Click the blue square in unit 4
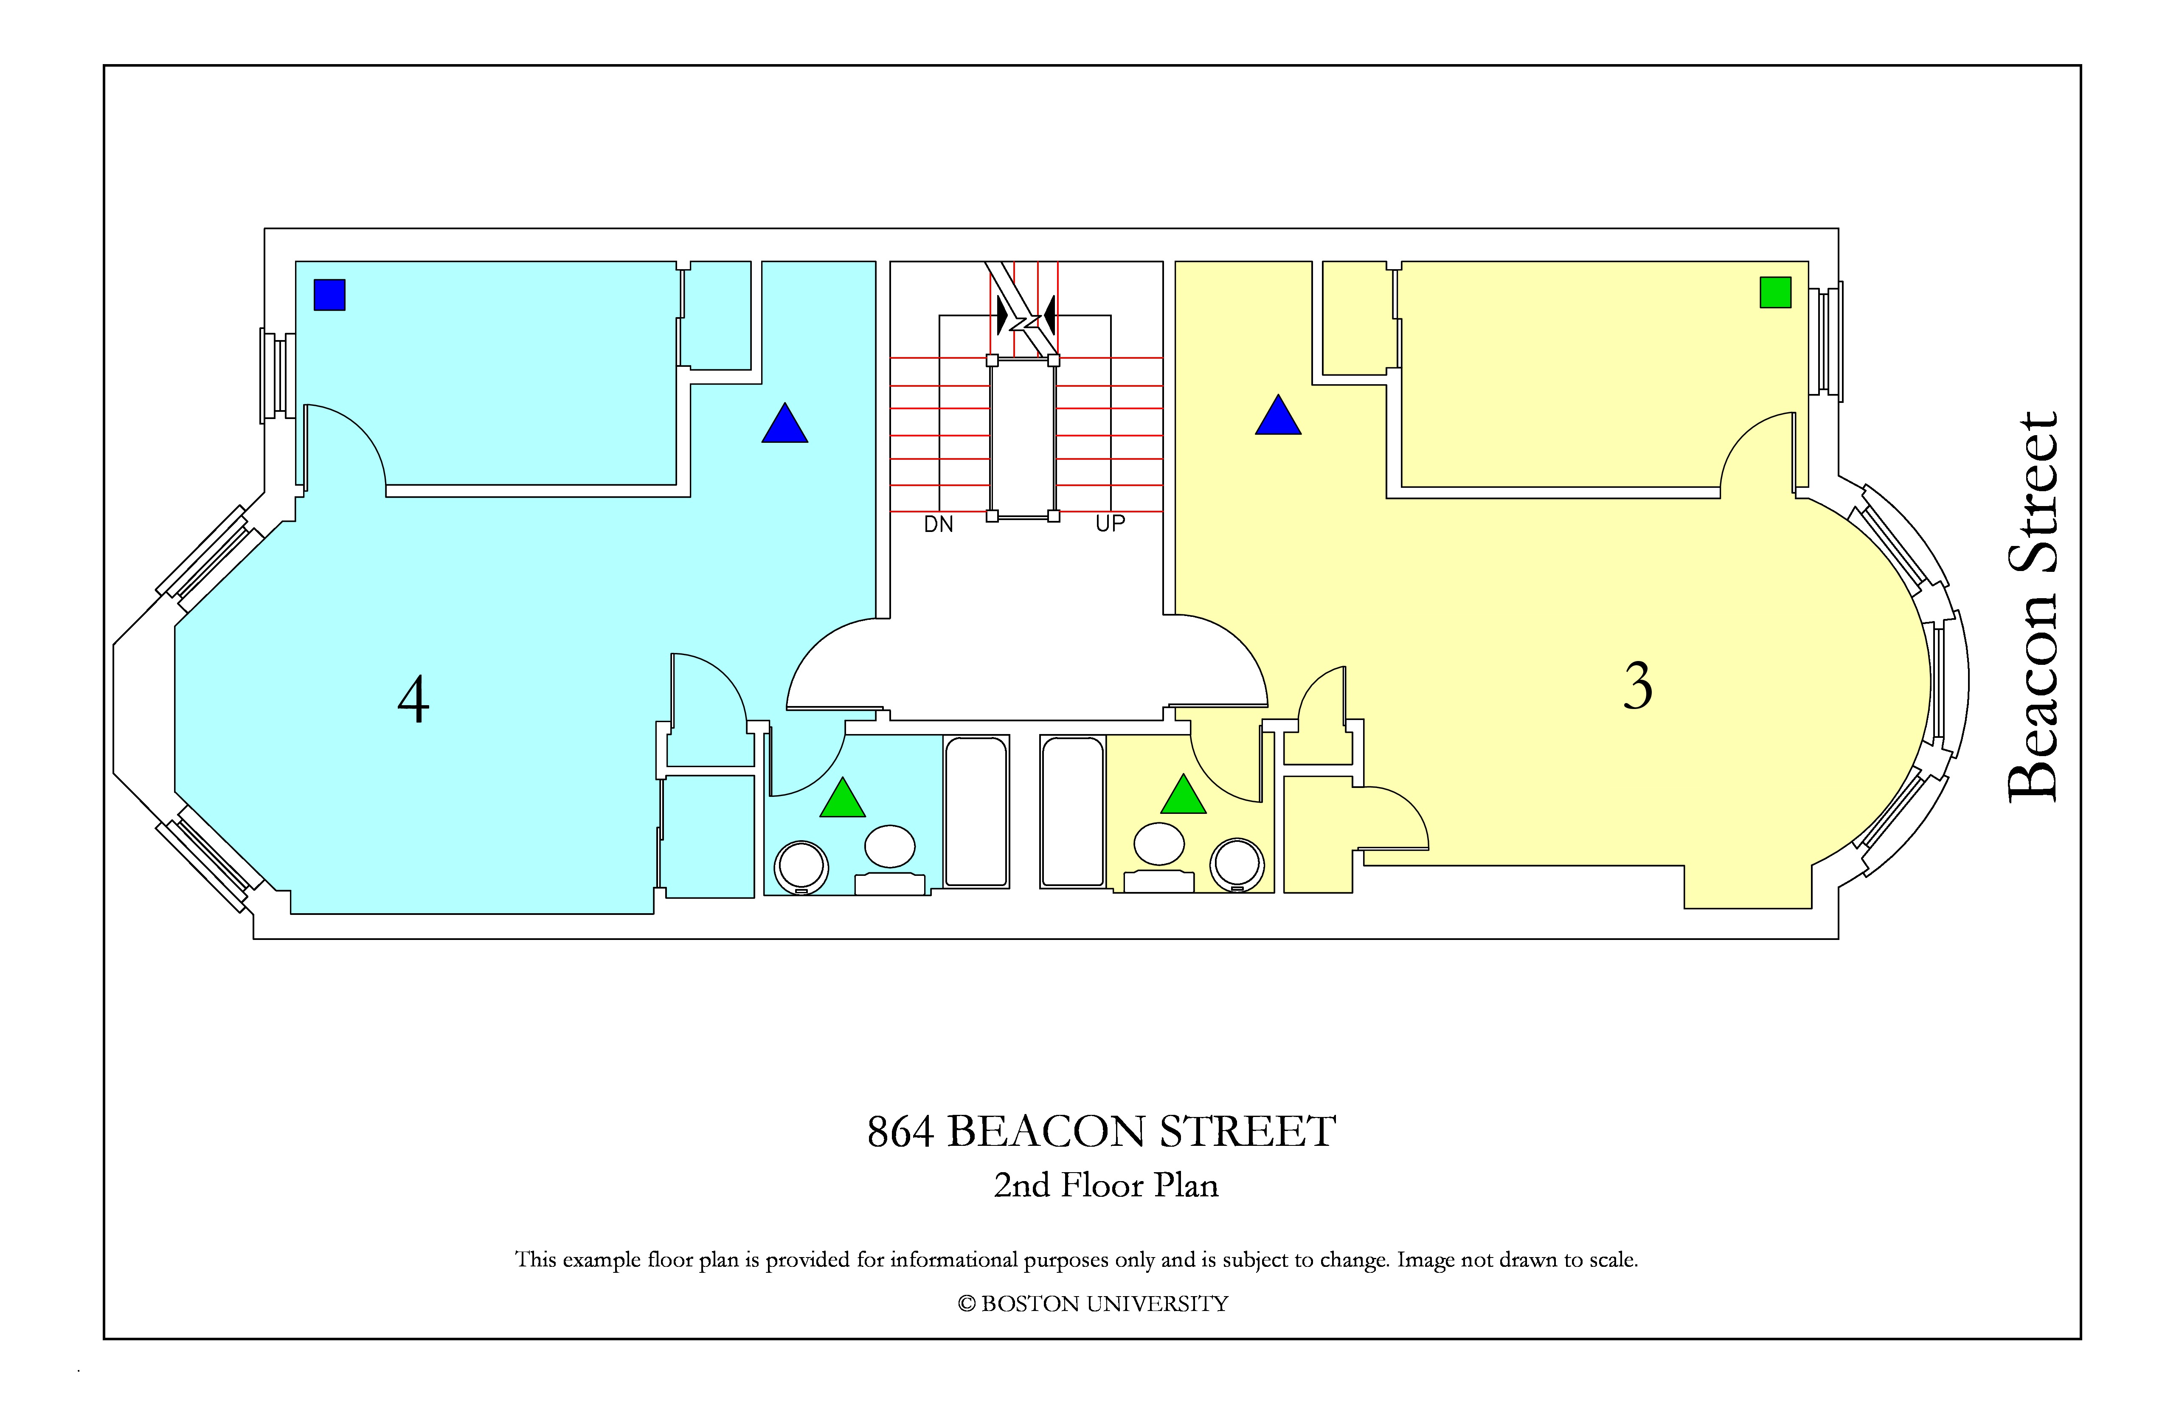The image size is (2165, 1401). tap(329, 295)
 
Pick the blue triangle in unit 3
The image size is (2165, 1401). tap(1278, 415)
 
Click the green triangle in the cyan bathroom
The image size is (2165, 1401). tap(842, 798)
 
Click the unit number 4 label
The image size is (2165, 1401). tap(414, 700)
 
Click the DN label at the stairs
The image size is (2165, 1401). tap(939, 524)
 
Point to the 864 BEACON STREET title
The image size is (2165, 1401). tap(1102, 1132)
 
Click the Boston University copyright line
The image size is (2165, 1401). tap(1093, 1304)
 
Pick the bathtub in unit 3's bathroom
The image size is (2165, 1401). tap(1074, 811)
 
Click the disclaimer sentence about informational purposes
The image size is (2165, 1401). tap(1076, 1260)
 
